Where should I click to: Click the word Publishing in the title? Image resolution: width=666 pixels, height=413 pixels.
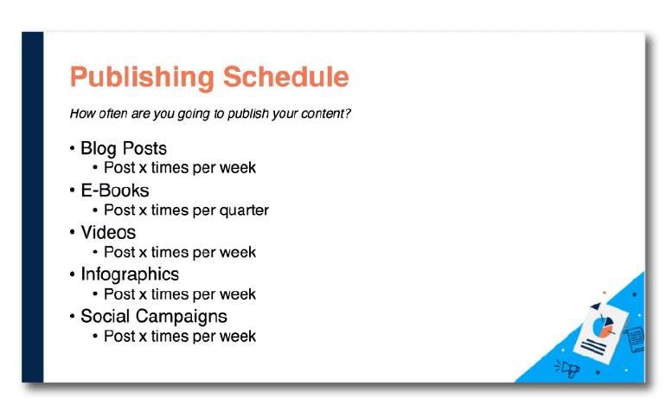click(143, 77)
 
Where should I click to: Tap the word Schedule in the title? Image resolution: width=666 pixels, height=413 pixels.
click(285, 76)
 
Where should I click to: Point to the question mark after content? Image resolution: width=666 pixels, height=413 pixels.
click(348, 113)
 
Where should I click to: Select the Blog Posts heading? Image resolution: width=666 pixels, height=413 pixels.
click(124, 148)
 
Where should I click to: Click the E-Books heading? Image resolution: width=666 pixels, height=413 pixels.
click(115, 190)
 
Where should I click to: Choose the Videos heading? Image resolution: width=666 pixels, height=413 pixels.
click(108, 232)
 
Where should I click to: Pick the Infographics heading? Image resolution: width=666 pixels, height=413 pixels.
click(130, 274)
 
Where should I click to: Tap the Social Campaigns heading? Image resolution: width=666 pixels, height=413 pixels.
click(154, 317)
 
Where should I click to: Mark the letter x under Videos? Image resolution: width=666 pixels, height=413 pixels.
click(143, 253)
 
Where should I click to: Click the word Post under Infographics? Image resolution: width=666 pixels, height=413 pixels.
click(119, 294)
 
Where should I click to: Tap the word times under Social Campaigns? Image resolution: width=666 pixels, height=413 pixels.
click(170, 336)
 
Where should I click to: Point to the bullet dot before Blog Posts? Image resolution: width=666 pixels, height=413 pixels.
click(72, 148)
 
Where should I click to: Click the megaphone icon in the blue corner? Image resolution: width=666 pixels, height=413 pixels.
click(567, 368)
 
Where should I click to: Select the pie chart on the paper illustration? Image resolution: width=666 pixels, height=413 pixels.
click(603, 326)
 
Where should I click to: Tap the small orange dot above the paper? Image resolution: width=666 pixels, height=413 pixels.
click(605, 293)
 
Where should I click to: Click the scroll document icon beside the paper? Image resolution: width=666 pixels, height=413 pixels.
click(635, 339)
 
